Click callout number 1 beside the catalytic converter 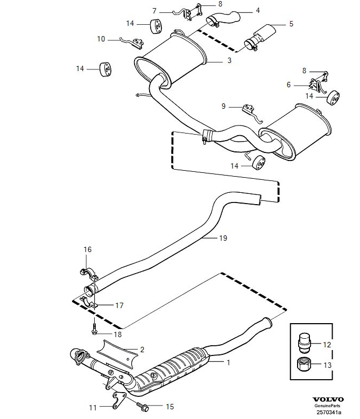pyautogui.click(x=228, y=362)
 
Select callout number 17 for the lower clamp pyautogui.click(x=119, y=305)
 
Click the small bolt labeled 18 pyautogui.click(x=94, y=325)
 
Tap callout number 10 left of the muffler pyautogui.click(x=101, y=39)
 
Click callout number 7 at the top pyautogui.click(x=154, y=10)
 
